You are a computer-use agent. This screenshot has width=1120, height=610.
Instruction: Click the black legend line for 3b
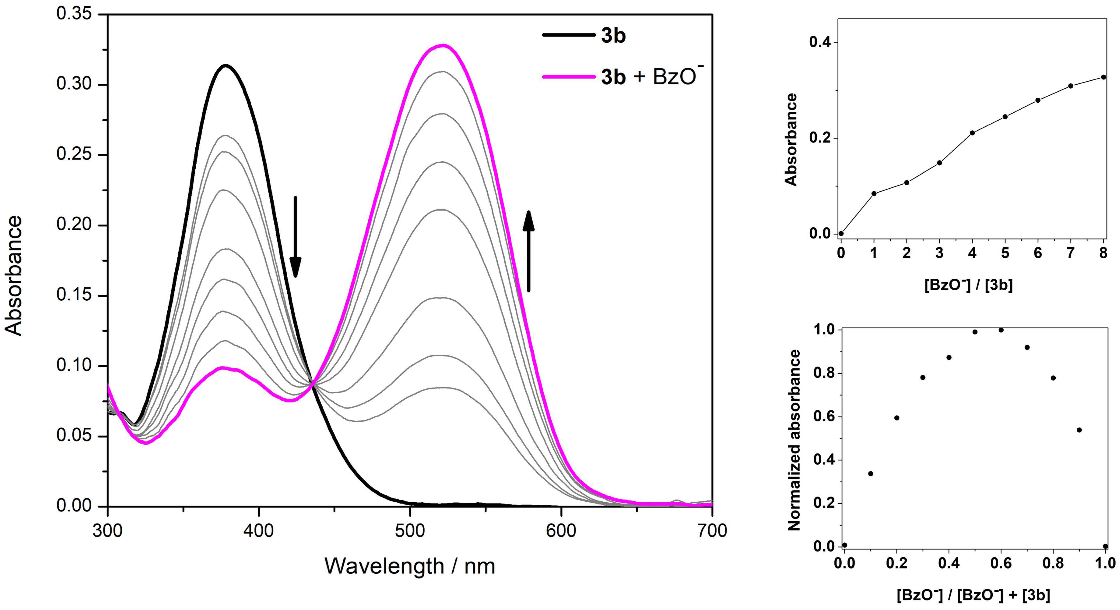pos(569,35)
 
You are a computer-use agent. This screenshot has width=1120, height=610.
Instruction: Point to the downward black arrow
pos(295,237)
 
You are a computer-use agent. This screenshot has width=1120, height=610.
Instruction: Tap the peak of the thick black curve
pos(225,65)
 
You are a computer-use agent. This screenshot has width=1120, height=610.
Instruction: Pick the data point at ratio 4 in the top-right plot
pos(972,133)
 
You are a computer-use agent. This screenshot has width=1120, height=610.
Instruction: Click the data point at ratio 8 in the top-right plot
pos(1103,77)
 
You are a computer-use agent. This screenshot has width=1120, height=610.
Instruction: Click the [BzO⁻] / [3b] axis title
pos(968,285)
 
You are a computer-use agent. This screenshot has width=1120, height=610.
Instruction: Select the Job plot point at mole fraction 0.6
pos(1001,330)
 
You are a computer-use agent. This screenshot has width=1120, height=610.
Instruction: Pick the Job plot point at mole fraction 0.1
pos(870,473)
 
